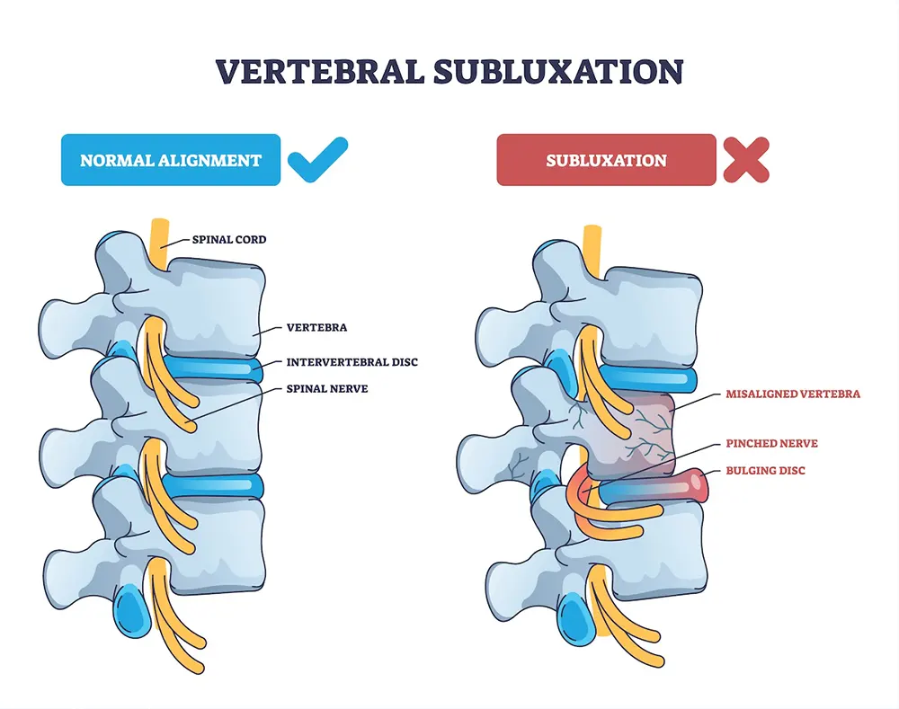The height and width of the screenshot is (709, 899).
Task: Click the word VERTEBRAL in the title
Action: (x=316, y=72)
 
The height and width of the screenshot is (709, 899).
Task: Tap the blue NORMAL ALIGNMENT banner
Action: (x=170, y=161)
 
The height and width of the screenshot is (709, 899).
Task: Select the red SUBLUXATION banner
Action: (x=606, y=161)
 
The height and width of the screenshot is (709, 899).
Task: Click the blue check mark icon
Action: (x=316, y=159)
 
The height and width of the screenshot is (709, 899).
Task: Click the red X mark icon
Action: (x=746, y=160)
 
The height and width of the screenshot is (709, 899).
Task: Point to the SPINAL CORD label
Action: (x=229, y=240)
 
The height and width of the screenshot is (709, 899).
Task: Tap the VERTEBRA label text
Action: (x=316, y=329)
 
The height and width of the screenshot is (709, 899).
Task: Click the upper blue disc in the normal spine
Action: (x=216, y=368)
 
